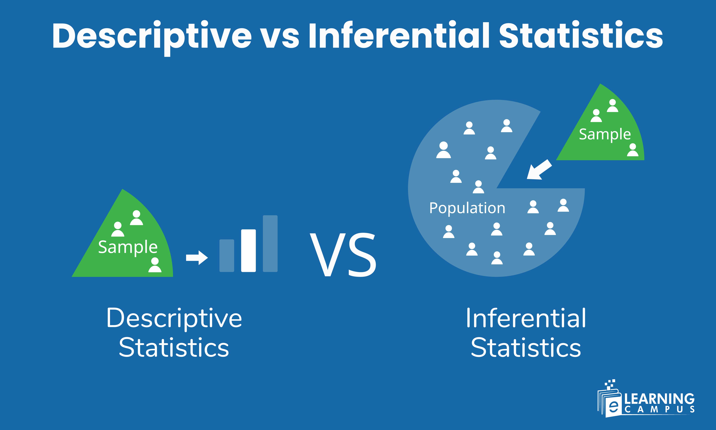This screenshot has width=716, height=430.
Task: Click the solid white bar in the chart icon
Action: [248, 250]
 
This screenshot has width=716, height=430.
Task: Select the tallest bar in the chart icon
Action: [270, 243]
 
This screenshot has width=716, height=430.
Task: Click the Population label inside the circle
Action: [467, 208]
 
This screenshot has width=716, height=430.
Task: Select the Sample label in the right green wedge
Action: [605, 134]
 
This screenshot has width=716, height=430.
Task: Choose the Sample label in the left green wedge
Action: [128, 247]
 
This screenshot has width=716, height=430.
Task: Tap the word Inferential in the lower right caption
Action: [526, 318]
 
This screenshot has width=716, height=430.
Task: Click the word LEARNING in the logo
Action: [659, 399]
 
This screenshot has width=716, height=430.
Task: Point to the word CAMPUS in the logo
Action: [659, 409]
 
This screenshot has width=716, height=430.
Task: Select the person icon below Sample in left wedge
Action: [155, 265]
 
